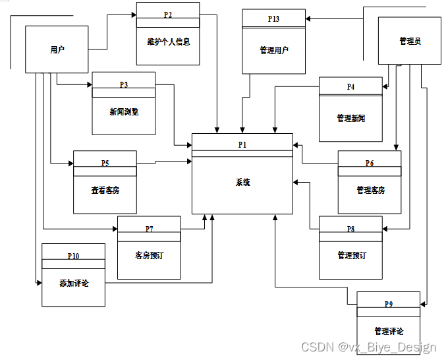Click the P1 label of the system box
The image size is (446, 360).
[242, 143]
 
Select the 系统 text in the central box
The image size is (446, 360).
[242, 183]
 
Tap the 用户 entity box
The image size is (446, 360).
[57, 49]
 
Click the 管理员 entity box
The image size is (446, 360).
[410, 41]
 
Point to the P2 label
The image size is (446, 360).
[168, 14]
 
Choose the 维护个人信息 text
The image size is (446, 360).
[168, 42]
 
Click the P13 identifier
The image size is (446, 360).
[273, 19]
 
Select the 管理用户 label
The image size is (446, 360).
[273, 50]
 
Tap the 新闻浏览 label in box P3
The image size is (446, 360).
[124, 111]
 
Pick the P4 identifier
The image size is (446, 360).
[350, 87]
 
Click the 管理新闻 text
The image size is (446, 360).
[350, 119]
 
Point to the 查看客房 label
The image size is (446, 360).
[105, 190]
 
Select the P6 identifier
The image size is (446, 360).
[370, 163]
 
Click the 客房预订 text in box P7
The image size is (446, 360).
[149, 255]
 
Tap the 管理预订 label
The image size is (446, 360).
[350, 255]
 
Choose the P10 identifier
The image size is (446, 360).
[73, 255]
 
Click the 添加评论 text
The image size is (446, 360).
[73, 284]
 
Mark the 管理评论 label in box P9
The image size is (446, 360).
[389, 331]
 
